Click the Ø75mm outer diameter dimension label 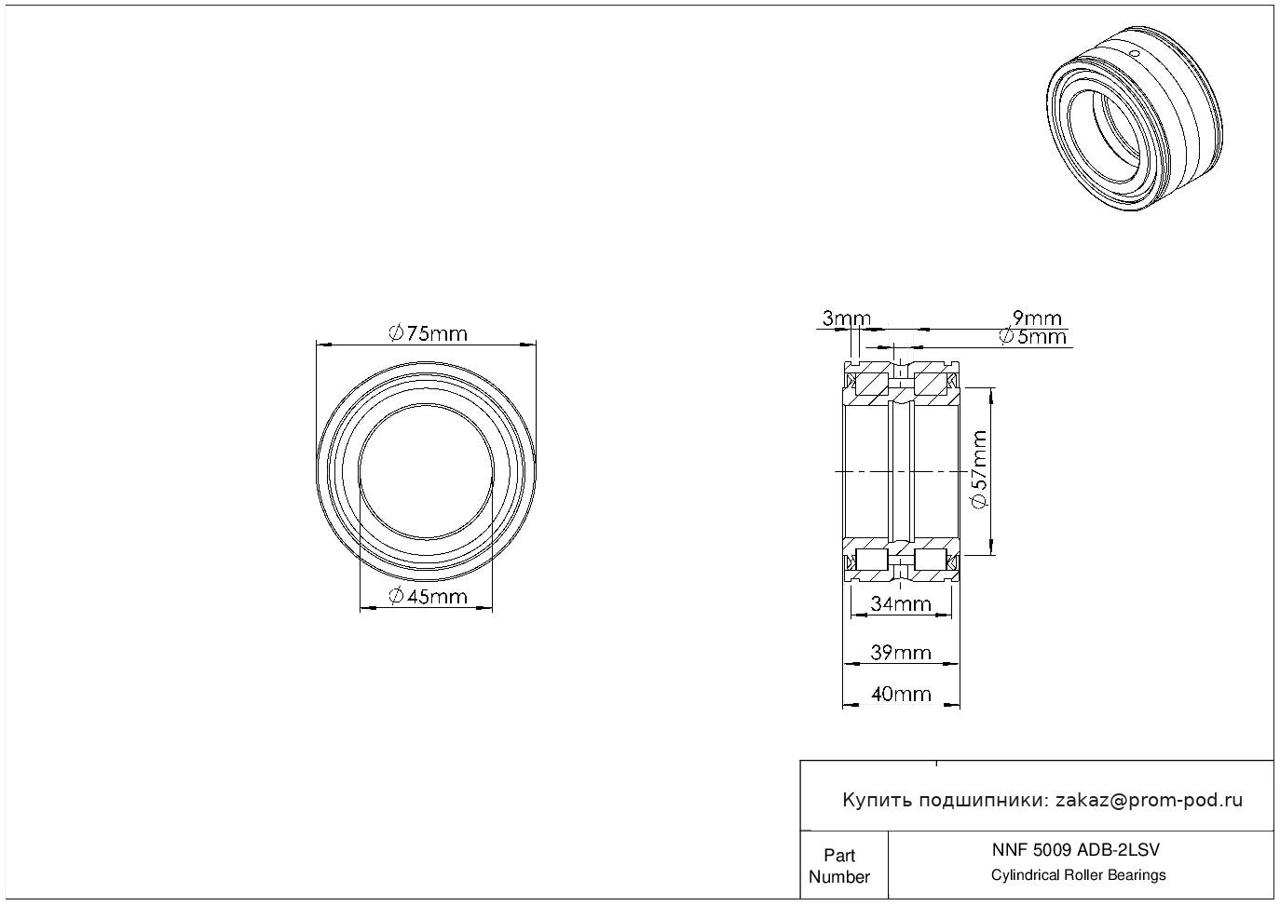[x=428, y=333]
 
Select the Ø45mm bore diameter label [x=428, y=597]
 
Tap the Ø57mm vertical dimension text [x=978, y=470]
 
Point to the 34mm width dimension [x=901, y=603]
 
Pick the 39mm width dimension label [x=901, y=653]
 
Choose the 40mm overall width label [x=901, y=695]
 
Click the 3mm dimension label [x=846, y=318]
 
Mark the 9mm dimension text [x=1037, y=318]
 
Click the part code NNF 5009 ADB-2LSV [x=1076, y=850]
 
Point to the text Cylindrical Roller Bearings [x=1078, y=875]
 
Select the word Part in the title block [x=839, y=855]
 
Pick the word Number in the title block [x=839, y=876]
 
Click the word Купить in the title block [x=877, y=800]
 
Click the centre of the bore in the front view [x=427, y=471]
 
